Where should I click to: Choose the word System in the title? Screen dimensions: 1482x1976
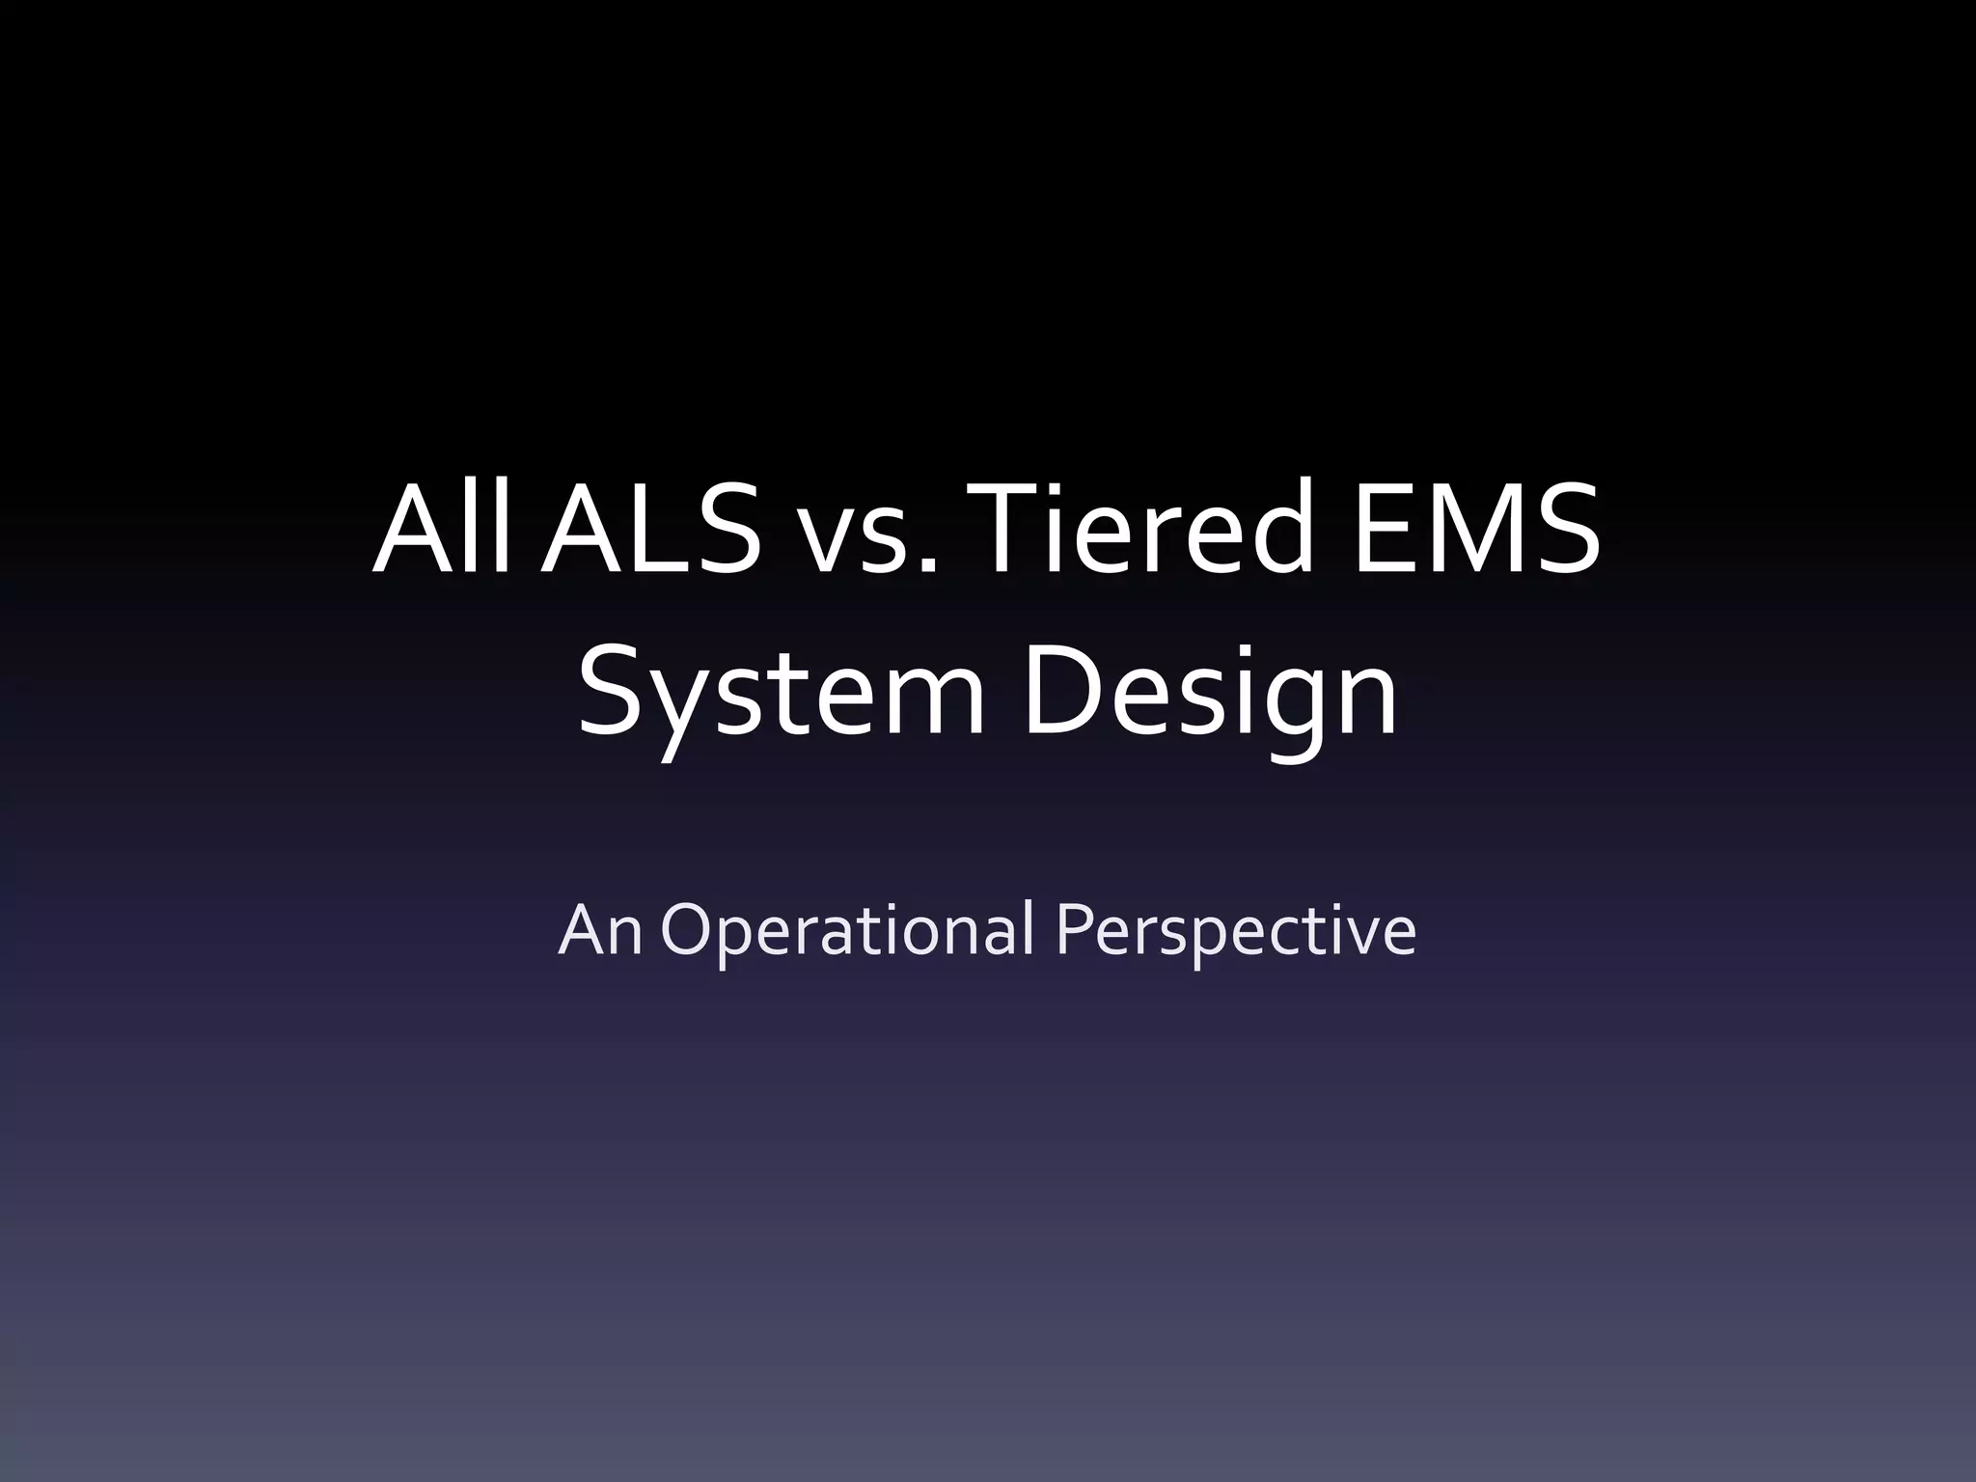click(x=782, y=691)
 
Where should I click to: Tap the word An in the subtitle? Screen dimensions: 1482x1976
click(x=600, y=930)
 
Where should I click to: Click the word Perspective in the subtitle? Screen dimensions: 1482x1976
click(x=1235, y=932)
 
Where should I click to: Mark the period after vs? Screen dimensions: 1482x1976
click(x=927, y=568)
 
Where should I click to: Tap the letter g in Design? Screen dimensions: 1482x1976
click(x=1287, y=704)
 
